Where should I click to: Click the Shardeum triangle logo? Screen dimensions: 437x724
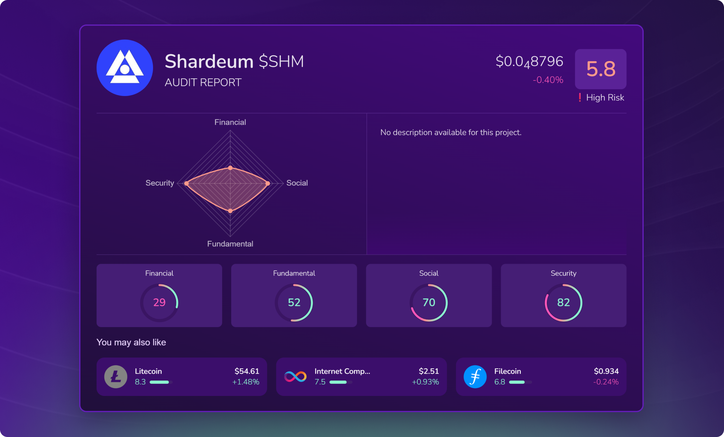(125, 68)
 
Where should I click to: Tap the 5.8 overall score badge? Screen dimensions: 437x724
(600, 69)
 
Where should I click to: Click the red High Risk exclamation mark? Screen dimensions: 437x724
(580, 98)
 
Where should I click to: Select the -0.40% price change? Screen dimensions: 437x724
(548, 80)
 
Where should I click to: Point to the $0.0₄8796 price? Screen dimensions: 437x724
(529, 61)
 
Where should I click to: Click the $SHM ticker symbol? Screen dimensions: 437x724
(281, 61)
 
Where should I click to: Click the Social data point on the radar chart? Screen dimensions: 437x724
(268, 183)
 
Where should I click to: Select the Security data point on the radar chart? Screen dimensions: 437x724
(186, 183)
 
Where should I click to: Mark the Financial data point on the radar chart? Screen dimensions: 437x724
(230, 168)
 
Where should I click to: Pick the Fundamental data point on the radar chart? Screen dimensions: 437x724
(230, 211)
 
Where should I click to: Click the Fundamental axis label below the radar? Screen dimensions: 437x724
(230, 244)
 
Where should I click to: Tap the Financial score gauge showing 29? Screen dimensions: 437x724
(159, 303)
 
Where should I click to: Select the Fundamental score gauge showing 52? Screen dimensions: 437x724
(294, 303)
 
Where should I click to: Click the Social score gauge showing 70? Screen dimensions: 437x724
(429, 303)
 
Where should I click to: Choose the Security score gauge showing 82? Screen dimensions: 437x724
(563, 303)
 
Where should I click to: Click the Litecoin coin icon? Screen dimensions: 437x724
(116, 377)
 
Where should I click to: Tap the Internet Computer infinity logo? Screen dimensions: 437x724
(295, 377)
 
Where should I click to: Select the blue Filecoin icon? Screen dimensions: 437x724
(475, 377)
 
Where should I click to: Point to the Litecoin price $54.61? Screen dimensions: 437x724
(247, 371)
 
